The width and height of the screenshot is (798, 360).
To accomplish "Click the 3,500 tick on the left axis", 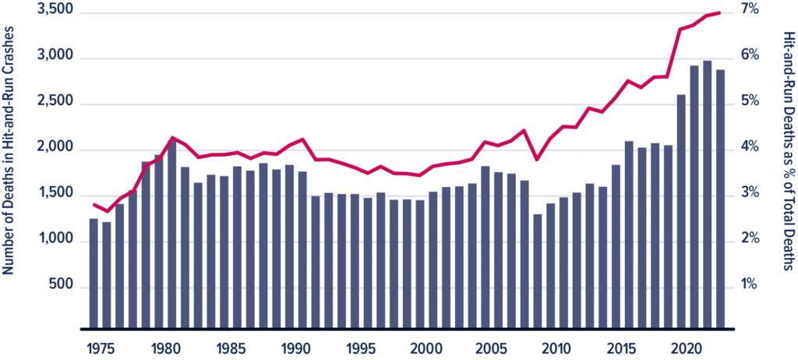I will pyautogui.click(x=55, y=12).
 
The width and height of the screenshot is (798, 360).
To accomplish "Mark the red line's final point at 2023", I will pyautogui.click(x=720, y=12).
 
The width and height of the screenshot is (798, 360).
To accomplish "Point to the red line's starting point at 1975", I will pyautogui.click(x=94, y=205).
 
